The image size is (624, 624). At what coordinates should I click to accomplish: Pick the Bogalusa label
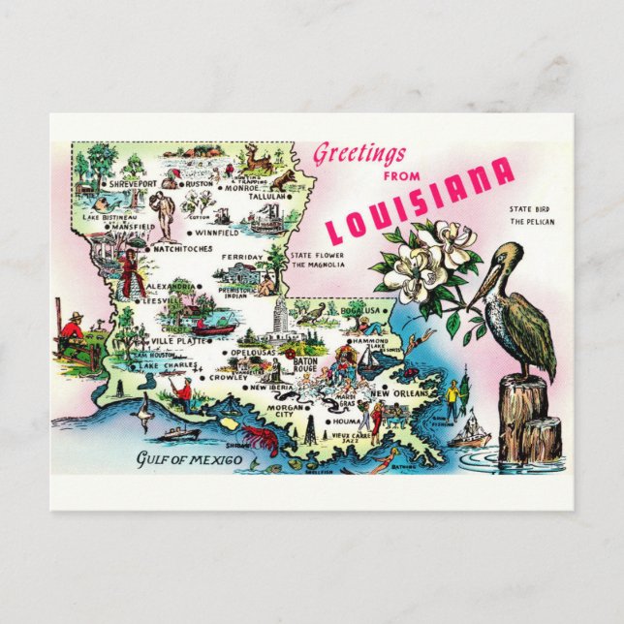(364, 310)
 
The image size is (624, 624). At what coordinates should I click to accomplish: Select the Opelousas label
(255, 352)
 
